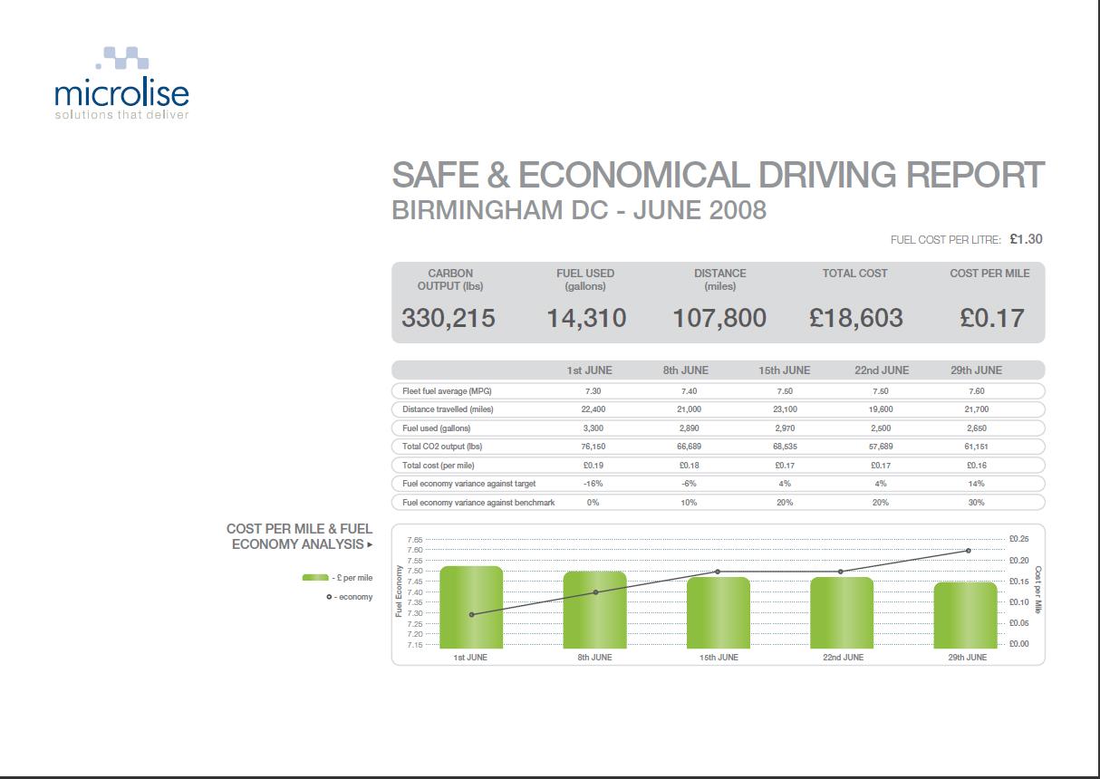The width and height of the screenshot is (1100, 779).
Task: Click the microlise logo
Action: pyautogui.click(x=121, y=84)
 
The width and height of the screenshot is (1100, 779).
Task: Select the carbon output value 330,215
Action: pyautogui.click(x=448, y=318)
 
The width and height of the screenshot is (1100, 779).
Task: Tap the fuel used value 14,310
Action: pyautogui.click(x=586, y=318)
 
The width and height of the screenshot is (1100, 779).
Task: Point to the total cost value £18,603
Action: pyautogui.click(x=855, y=318)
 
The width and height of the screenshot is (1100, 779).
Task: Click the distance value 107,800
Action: pyautogui.click(x=719, y=318)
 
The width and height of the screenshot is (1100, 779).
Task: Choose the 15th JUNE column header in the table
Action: pyautogui.click(x=784, y=370)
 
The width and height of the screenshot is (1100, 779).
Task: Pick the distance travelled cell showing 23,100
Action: pyautogui.click(x=784, y=409)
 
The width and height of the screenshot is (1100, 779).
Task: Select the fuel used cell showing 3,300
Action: pyautogui.click(x=593, y=428)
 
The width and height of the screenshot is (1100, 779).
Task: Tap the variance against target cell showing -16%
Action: pyautogui.click(x=593, y=484)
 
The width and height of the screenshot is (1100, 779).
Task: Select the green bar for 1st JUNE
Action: pyautogui.click(x=470, y=607)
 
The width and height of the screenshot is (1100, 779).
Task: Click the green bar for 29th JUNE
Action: pyautogui.click(x=965, y=615)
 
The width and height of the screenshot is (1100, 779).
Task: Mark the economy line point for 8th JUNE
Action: pyautogui.click(x=595, y=592)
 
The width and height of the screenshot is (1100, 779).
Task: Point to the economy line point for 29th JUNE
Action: pyautogui.click(x=968, y=551)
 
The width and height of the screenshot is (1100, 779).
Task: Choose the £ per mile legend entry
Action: pyautogui.click(x=337, y=578)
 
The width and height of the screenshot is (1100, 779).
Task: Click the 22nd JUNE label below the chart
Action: pyautogui.click(x=843, y=658)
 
